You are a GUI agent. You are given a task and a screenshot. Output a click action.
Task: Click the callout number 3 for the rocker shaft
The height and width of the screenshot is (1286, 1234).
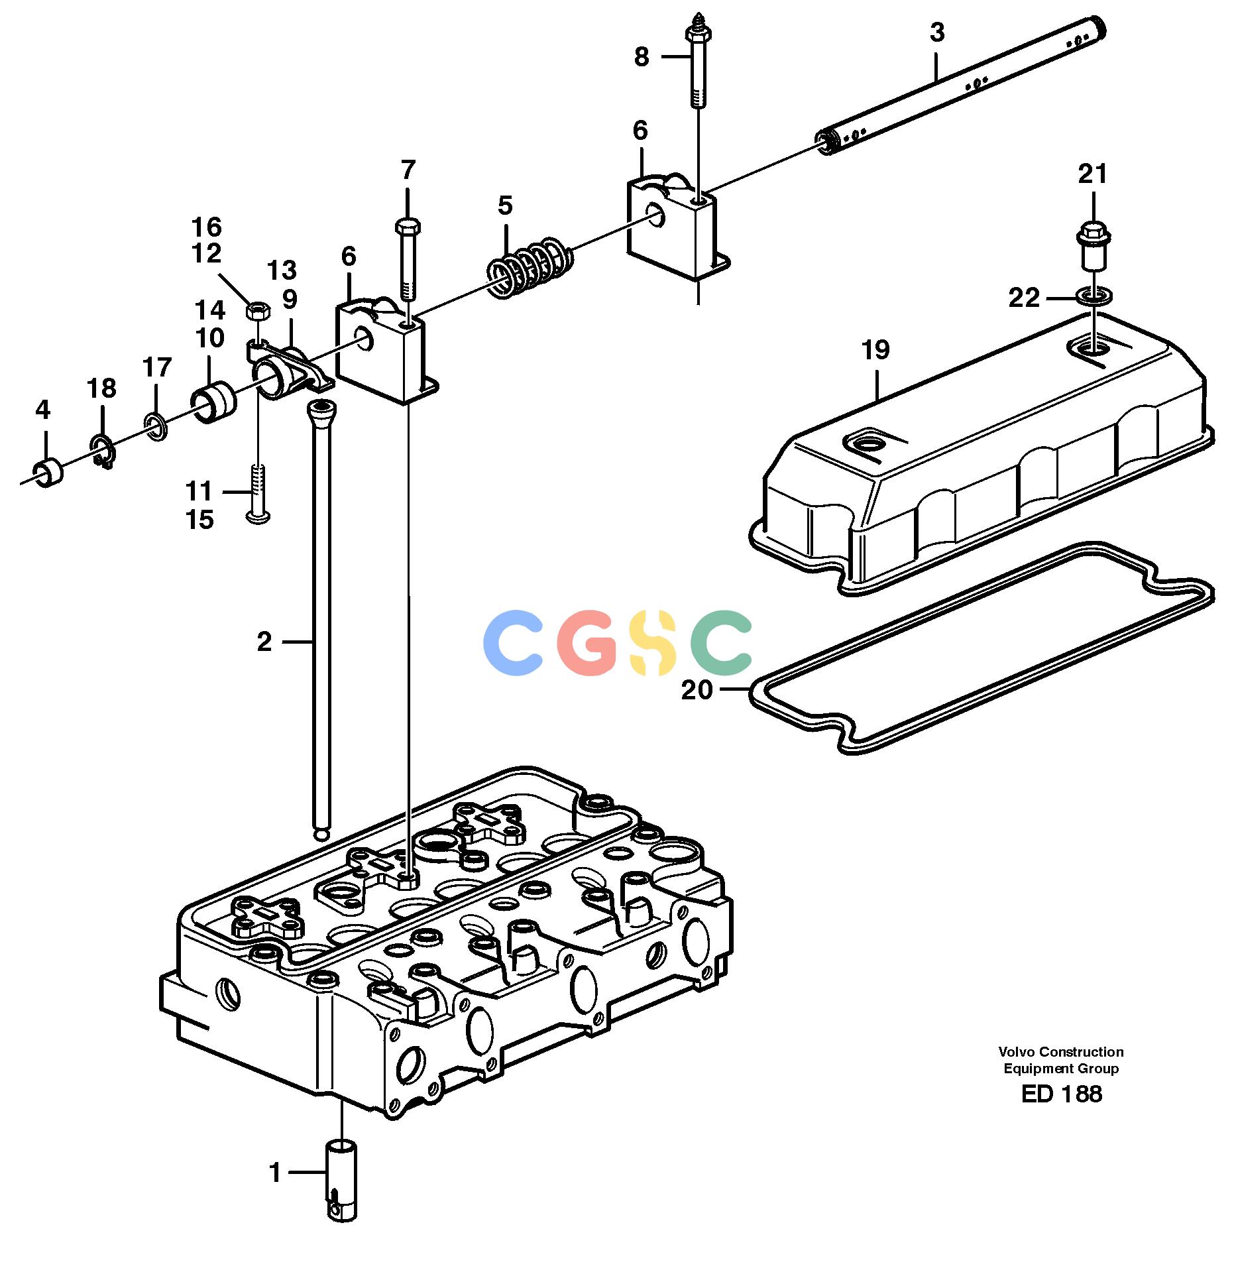(x=937, y=32)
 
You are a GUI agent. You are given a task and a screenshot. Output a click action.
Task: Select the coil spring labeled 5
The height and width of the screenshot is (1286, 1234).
(x=530, y=266)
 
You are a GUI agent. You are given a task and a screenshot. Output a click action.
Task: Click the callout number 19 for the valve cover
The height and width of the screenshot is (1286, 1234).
(x=875, y=350)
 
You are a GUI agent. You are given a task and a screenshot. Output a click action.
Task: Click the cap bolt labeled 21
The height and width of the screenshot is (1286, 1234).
(x=1093, y=246)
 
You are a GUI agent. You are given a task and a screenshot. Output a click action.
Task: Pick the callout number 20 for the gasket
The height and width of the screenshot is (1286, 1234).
(x=697, y=690)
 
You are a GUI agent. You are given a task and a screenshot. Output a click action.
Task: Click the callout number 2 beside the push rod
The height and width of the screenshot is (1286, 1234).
(x=264, y=642)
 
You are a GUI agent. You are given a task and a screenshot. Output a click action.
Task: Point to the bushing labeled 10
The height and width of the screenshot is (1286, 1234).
(x=213, y=404)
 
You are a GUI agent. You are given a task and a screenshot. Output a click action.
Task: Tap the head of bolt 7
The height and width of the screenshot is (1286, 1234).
(x=408, y=227)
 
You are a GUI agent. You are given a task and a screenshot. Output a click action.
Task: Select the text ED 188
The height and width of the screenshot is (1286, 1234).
(x=1061, y=1094)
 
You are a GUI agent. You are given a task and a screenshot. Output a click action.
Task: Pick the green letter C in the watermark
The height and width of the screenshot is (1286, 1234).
(x=721, y=642)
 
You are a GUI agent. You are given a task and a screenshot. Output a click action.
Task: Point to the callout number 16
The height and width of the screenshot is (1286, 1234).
(x=206, y=227)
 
